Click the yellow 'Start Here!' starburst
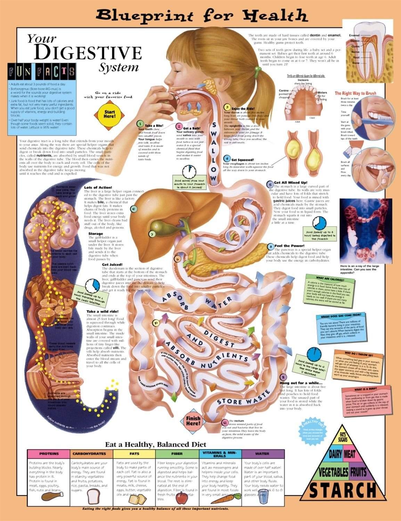pyautogui.click(x=109, y=114)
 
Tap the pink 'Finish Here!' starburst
pyautogui.click(x=193, y=421)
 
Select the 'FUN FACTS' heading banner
pyautogui.click(x=42, y=72)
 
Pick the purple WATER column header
pyautogui.click(x=262, y=454)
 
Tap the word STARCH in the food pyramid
pyautogui.click(x=342, y=490)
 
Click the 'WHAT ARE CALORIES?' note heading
pyautogui.click(x=325, y=278)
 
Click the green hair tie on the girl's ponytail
pyautogui.click(x=257, y=68)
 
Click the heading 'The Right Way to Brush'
pyautogui.click(x=355, y=93)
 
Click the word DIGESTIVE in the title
pyautogui.click(x=88, y=53)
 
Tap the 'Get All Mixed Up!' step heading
pyautogui.click(x=290, y=183)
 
